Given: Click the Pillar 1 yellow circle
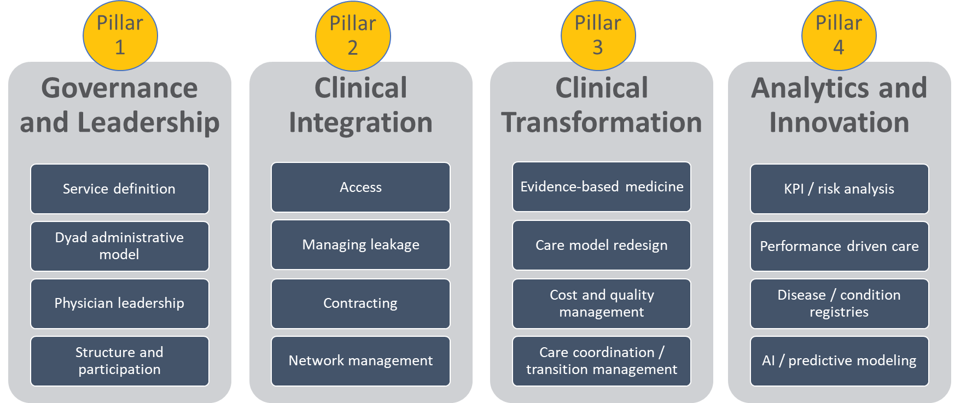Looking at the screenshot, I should click(120, 36).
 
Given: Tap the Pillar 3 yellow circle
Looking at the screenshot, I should click(598, 36).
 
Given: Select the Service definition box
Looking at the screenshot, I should click(119, 189).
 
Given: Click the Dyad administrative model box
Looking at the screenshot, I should click(119, 246).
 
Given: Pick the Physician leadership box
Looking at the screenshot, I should click(119, 303).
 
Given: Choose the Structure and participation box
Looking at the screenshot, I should click(119, 361).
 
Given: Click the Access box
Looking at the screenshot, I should click(360, 187).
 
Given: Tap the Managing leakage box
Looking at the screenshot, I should click(360, 244).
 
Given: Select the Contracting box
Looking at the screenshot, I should click(360, 303).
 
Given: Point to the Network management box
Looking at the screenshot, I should click(360, 361).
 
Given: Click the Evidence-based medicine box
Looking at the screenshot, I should click(601, 186).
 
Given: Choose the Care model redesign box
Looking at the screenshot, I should click(601, 245).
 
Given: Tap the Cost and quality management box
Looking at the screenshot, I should click(601, 303).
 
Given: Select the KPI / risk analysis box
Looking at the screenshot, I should click(839, 189).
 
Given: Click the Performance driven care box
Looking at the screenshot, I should click(839, 246).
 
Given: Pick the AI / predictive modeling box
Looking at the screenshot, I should click(839, 361).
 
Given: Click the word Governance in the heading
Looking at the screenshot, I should click(119, 89).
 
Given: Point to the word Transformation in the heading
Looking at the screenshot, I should click(601, 122).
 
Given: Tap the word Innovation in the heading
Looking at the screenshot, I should click(839, 122).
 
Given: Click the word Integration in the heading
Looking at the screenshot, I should click(360, 122).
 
